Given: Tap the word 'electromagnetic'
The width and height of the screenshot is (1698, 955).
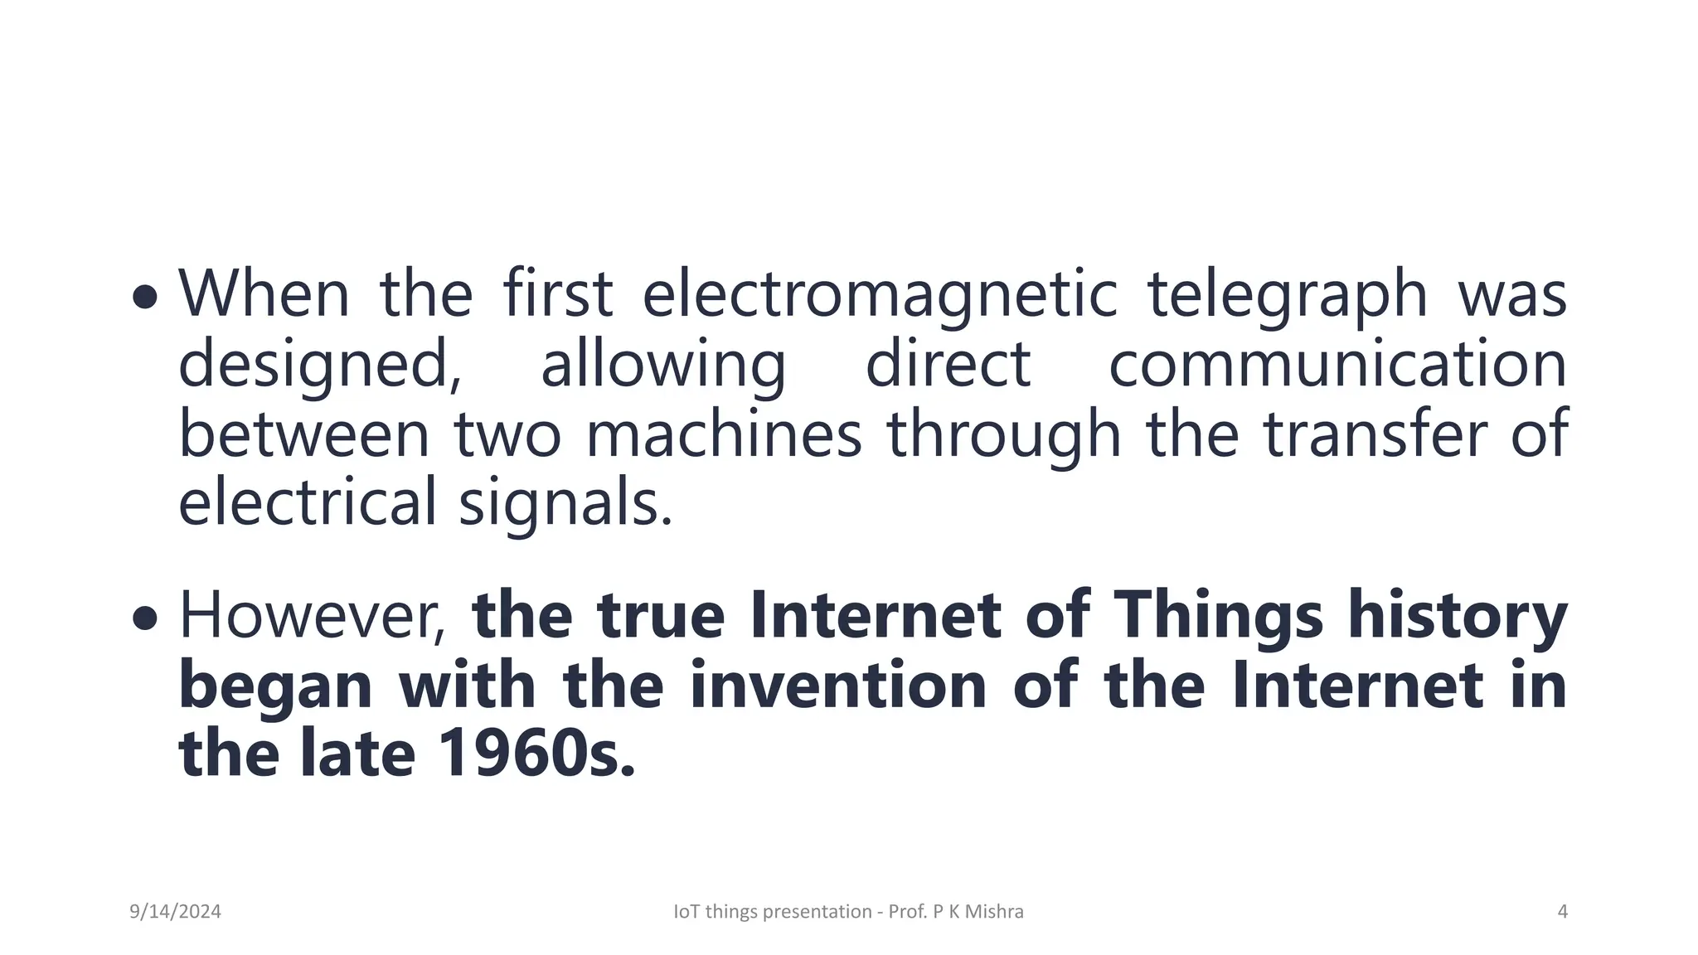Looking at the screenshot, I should tap(880, 295).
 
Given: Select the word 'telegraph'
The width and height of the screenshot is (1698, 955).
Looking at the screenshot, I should tap(1287, 295).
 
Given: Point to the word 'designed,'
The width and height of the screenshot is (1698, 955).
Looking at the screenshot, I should tap(320, 366).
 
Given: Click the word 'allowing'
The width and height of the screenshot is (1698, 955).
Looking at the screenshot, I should tap(663, 366).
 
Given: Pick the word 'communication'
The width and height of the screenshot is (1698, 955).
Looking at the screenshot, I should tap(1337, 364).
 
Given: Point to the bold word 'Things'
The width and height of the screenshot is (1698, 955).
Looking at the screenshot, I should tap(1218, 615).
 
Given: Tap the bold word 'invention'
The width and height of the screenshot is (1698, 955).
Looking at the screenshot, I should tap(837, 686).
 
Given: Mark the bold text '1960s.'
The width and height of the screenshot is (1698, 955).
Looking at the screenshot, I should tap(536, 754).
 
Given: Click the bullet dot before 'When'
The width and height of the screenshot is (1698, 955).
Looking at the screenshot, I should tap(144, 296).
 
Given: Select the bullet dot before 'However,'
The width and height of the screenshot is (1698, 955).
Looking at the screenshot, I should tap(144, 617).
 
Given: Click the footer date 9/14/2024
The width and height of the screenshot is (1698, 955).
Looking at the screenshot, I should tap(175, 912).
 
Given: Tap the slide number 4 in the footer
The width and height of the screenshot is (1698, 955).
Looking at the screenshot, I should tap(1562, 912).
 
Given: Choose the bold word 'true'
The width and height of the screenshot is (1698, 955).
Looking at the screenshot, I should tap(661, 615).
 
